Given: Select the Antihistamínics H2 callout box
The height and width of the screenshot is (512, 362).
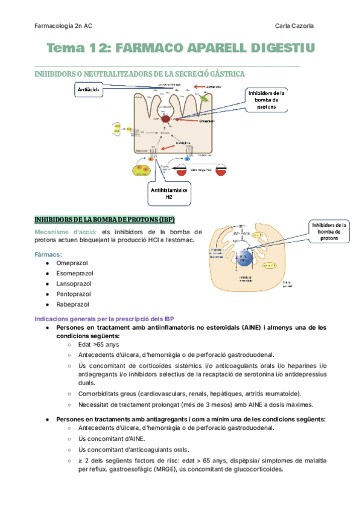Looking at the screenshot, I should [x=169, y=193].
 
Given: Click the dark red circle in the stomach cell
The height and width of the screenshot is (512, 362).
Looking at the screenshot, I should [x=165, y=120].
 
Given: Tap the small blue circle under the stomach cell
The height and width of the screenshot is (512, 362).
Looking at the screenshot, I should [x=187, y=159].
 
